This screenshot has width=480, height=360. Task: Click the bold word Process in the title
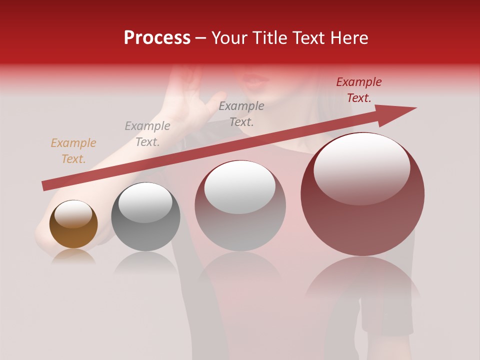157,38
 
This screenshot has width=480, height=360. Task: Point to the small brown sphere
73,224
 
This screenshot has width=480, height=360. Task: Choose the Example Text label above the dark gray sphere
147,134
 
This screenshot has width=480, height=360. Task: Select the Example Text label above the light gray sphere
241,113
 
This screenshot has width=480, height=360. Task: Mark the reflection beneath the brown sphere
73,257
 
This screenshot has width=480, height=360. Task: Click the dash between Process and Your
201,38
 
